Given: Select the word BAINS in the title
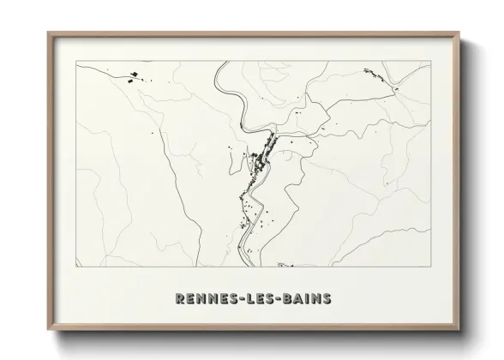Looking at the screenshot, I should tap(306, 299).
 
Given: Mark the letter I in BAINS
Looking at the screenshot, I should tap(306, 299).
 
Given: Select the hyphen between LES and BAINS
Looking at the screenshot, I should tap(279, 299).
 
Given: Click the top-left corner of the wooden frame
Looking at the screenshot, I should tap(48, 33).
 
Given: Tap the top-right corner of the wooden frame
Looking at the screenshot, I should tap(459, 33).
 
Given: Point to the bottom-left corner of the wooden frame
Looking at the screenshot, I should tap(48, 330).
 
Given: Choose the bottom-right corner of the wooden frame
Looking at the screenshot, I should tap(459, 330).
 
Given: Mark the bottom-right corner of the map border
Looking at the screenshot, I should tap(429, 267).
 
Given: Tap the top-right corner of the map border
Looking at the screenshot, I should tap(429, 62).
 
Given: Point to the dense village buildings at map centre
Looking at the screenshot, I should tap(259, 158).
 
